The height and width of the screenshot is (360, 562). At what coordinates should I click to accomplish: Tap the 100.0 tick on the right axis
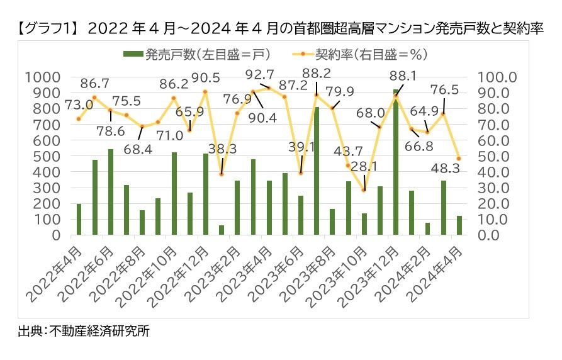pos(497,77)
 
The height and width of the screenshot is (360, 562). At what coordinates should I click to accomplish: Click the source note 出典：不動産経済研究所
pos(84,331)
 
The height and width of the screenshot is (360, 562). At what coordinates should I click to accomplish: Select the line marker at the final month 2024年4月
pos(459,159)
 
